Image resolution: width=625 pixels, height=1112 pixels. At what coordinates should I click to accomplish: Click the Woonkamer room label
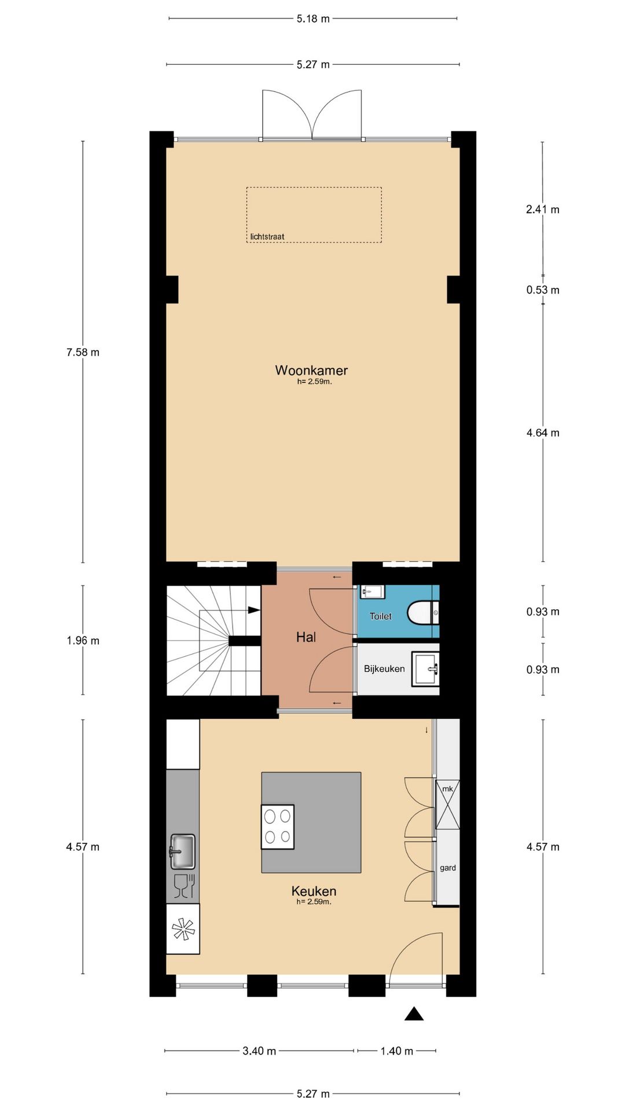point(311,370)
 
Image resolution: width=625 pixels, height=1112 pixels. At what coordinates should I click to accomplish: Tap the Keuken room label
point(314,891)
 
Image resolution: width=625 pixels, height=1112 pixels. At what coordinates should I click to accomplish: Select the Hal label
point(306,637)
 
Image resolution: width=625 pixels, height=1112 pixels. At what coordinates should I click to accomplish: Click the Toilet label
point(381,616)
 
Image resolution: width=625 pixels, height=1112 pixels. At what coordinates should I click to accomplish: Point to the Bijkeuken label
point(384,669)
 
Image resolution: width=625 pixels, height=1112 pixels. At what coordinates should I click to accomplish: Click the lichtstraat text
point(267,236)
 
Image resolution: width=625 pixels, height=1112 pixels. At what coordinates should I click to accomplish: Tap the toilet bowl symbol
point(424,613)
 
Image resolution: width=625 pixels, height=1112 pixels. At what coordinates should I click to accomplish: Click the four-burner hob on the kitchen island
point(278,826)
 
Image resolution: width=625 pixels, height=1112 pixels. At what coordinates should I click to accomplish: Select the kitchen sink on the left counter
point(182,851)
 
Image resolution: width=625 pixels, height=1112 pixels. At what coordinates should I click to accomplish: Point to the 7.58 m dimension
point(83,352)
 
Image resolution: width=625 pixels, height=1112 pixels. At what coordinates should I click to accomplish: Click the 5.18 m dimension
point(313,19)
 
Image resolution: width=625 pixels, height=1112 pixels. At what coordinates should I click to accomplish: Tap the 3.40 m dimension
point(259,1051)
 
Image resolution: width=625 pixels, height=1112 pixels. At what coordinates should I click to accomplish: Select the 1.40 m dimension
point(397,1051)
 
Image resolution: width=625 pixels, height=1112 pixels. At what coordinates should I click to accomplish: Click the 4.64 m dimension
point(543,433)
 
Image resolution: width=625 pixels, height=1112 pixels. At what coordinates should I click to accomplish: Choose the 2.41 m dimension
point(543,210)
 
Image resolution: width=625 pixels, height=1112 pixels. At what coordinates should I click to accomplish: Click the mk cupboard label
point(447,789)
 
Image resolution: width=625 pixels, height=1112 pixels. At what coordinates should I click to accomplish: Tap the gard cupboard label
point(448,868)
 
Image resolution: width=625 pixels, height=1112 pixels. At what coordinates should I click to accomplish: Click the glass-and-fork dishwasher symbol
point(183,887)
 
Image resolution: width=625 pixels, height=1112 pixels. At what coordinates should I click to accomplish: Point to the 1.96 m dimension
point(83,641)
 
